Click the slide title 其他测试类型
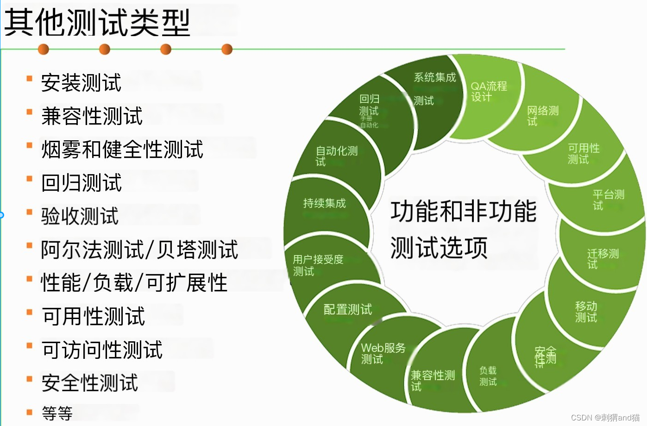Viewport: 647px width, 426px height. point(97,23)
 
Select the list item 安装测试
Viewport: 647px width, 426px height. point(81,83)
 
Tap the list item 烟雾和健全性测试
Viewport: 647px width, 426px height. point(122,150)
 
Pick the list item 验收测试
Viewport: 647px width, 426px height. point(80,216)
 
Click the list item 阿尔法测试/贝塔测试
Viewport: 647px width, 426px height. point(139,250)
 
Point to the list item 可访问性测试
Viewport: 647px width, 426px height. point(102,350)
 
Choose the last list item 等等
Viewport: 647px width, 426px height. point(57,413)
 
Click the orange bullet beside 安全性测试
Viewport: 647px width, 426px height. point(30,379)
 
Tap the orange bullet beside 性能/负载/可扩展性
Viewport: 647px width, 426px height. point(30,279)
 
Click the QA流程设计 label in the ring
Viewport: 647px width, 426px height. point(489,91)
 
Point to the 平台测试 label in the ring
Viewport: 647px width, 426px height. point(608,200)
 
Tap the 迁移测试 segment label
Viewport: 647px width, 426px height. point(603,258)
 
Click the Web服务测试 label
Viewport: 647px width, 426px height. point(383,353)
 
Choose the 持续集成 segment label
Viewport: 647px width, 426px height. point(324,203)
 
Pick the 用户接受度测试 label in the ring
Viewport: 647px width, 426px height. point(318,265)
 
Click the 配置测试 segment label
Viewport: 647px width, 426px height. point(347,309)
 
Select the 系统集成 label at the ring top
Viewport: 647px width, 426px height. point(434,77)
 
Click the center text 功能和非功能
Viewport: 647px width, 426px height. point(463,211)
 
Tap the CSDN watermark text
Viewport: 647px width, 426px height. point(605,418)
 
